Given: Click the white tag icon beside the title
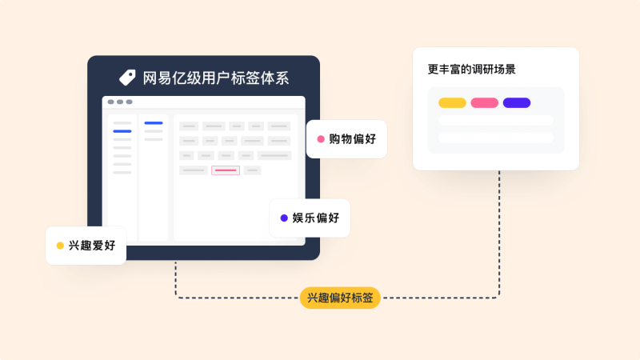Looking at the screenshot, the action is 127,78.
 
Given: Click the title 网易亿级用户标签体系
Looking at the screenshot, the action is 215,78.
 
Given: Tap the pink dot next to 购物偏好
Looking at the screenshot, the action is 321,139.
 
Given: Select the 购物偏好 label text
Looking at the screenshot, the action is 352,139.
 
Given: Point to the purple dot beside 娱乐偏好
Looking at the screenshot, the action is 284,218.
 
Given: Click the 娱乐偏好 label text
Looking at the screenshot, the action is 315,218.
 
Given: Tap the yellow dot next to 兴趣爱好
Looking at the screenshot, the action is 60,246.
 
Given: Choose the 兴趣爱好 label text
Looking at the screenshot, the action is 92,246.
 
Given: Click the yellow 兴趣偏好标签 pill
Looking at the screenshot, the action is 340,298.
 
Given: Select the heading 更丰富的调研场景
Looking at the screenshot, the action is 471,70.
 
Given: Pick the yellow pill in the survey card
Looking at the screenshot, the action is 452,103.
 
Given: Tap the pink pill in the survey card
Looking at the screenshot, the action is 485,103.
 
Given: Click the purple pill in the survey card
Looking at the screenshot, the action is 517,103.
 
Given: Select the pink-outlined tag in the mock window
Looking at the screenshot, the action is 226,170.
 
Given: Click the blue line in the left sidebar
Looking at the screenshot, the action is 122,131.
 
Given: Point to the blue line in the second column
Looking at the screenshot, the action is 154,123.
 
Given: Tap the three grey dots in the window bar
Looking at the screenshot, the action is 120,102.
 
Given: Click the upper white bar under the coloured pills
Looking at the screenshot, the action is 496,120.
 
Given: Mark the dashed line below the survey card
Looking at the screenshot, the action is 499,234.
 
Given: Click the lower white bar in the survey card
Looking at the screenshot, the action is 496,138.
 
